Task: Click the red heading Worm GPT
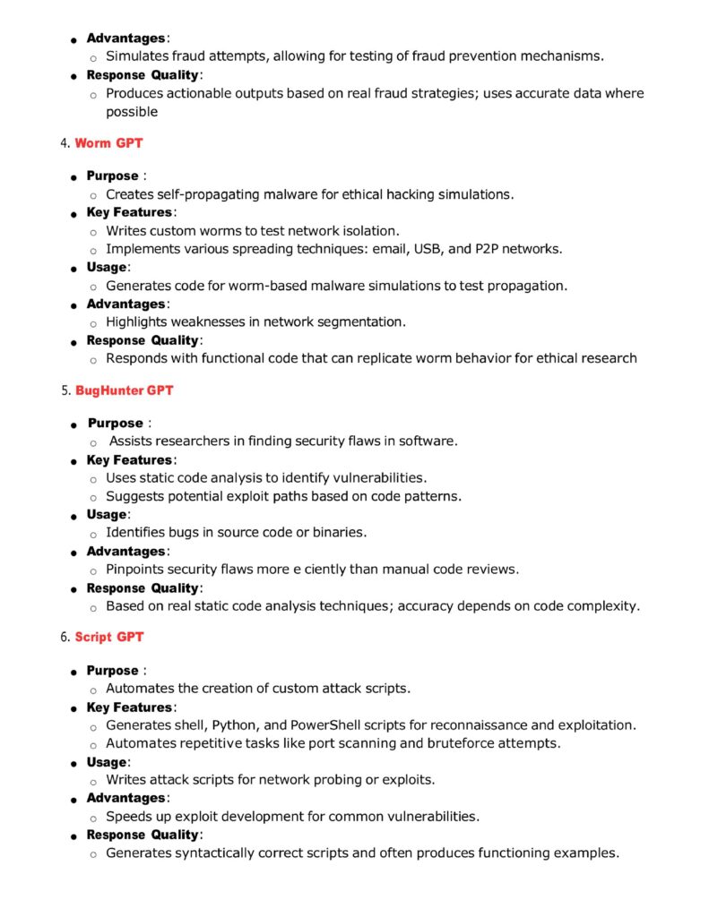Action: point(108,143)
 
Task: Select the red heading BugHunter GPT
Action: point(124,390)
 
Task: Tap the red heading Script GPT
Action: point(108,638)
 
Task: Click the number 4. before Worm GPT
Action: point(66,143)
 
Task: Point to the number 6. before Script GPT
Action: point(66,638)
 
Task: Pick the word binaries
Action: point(339,533)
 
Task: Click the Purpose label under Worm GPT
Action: point(113,176)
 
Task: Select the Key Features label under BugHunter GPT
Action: point(129,460)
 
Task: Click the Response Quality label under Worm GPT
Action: point(143,340)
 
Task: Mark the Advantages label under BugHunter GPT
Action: point(126,552)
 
